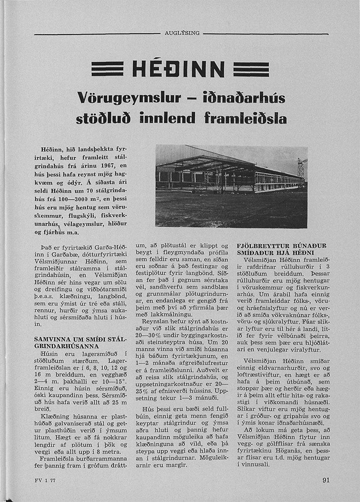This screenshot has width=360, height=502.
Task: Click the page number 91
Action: [x=326, y=480]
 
